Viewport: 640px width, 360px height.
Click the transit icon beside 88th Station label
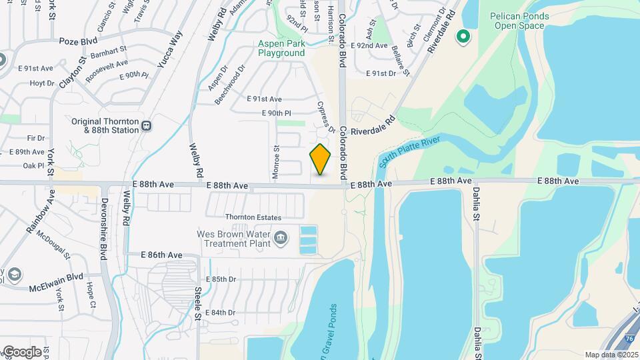point(147,125)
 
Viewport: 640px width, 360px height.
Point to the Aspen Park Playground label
point(281,49)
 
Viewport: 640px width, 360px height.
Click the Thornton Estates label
point(253,217)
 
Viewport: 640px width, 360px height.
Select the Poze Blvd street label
point(78,41)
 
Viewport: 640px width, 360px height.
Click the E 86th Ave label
point(161,255)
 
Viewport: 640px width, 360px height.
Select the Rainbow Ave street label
point(39,211)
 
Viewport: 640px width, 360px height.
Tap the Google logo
point(21,351)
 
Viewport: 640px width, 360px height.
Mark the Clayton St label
point(73,73)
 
